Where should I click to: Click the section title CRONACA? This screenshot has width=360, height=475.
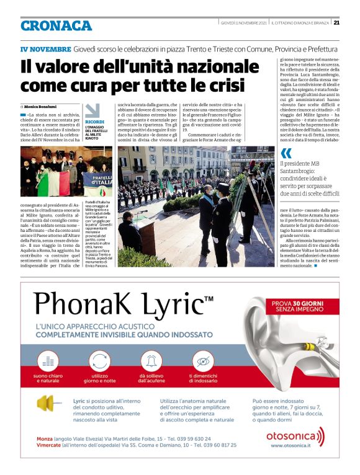tap(56, 25)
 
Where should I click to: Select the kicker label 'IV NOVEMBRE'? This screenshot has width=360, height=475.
tap(45, 48)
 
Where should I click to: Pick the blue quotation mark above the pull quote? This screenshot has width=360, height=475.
tap(285, 153)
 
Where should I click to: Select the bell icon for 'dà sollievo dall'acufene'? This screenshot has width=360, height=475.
tap(151, 360)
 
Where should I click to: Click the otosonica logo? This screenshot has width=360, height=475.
tap(295, 435)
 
